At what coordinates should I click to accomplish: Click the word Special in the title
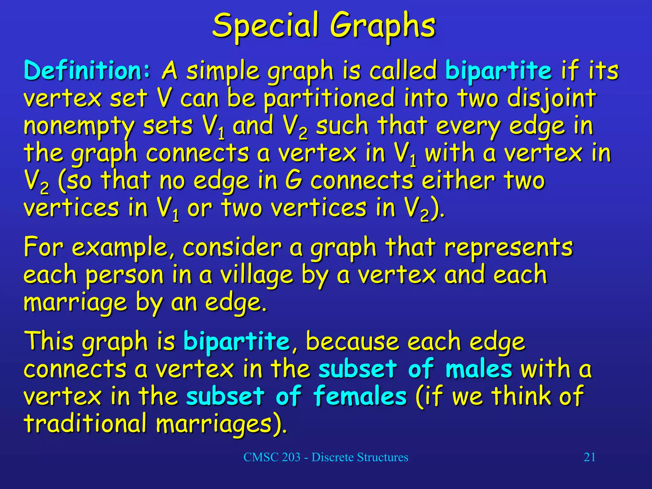pyautogui.click(x=266, y=25)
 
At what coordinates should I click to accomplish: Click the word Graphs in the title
pyautogui.click(x=382, y=25)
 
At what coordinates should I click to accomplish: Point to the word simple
pyautogui.click(x=223, y=71)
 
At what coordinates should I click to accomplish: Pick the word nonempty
pyautogui.click(x=80, y=126)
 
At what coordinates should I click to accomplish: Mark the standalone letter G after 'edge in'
pyautogui.click(x=293, y=181)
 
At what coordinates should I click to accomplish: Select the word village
pyautogui.click(x=257, y=276)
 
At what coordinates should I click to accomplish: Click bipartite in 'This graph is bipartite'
pyautogui.click(x=237, y=341)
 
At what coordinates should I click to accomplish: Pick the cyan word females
pyautogui.click(x=360, y=396)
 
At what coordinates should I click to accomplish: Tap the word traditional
pyautogui.click(x=85, y=424)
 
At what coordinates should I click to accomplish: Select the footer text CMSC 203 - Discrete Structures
pyautogui.click(x=326, y=457)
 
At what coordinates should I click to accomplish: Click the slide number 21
pyautogui.click(x=589, y=457)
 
